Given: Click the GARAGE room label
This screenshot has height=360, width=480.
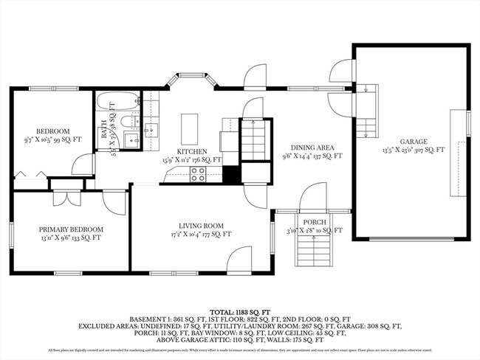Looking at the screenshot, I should pos(412,141).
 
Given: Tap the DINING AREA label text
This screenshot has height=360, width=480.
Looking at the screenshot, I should pos(313,148).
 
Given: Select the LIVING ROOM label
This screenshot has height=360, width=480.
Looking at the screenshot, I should pos(201,226).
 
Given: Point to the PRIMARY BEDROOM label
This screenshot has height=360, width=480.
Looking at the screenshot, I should pos(71,229).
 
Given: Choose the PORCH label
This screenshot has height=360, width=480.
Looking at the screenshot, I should pos(314,223).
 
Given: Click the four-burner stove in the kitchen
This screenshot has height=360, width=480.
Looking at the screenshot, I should pos(198,174).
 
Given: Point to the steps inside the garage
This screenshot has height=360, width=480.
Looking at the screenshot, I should pos(367,111).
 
